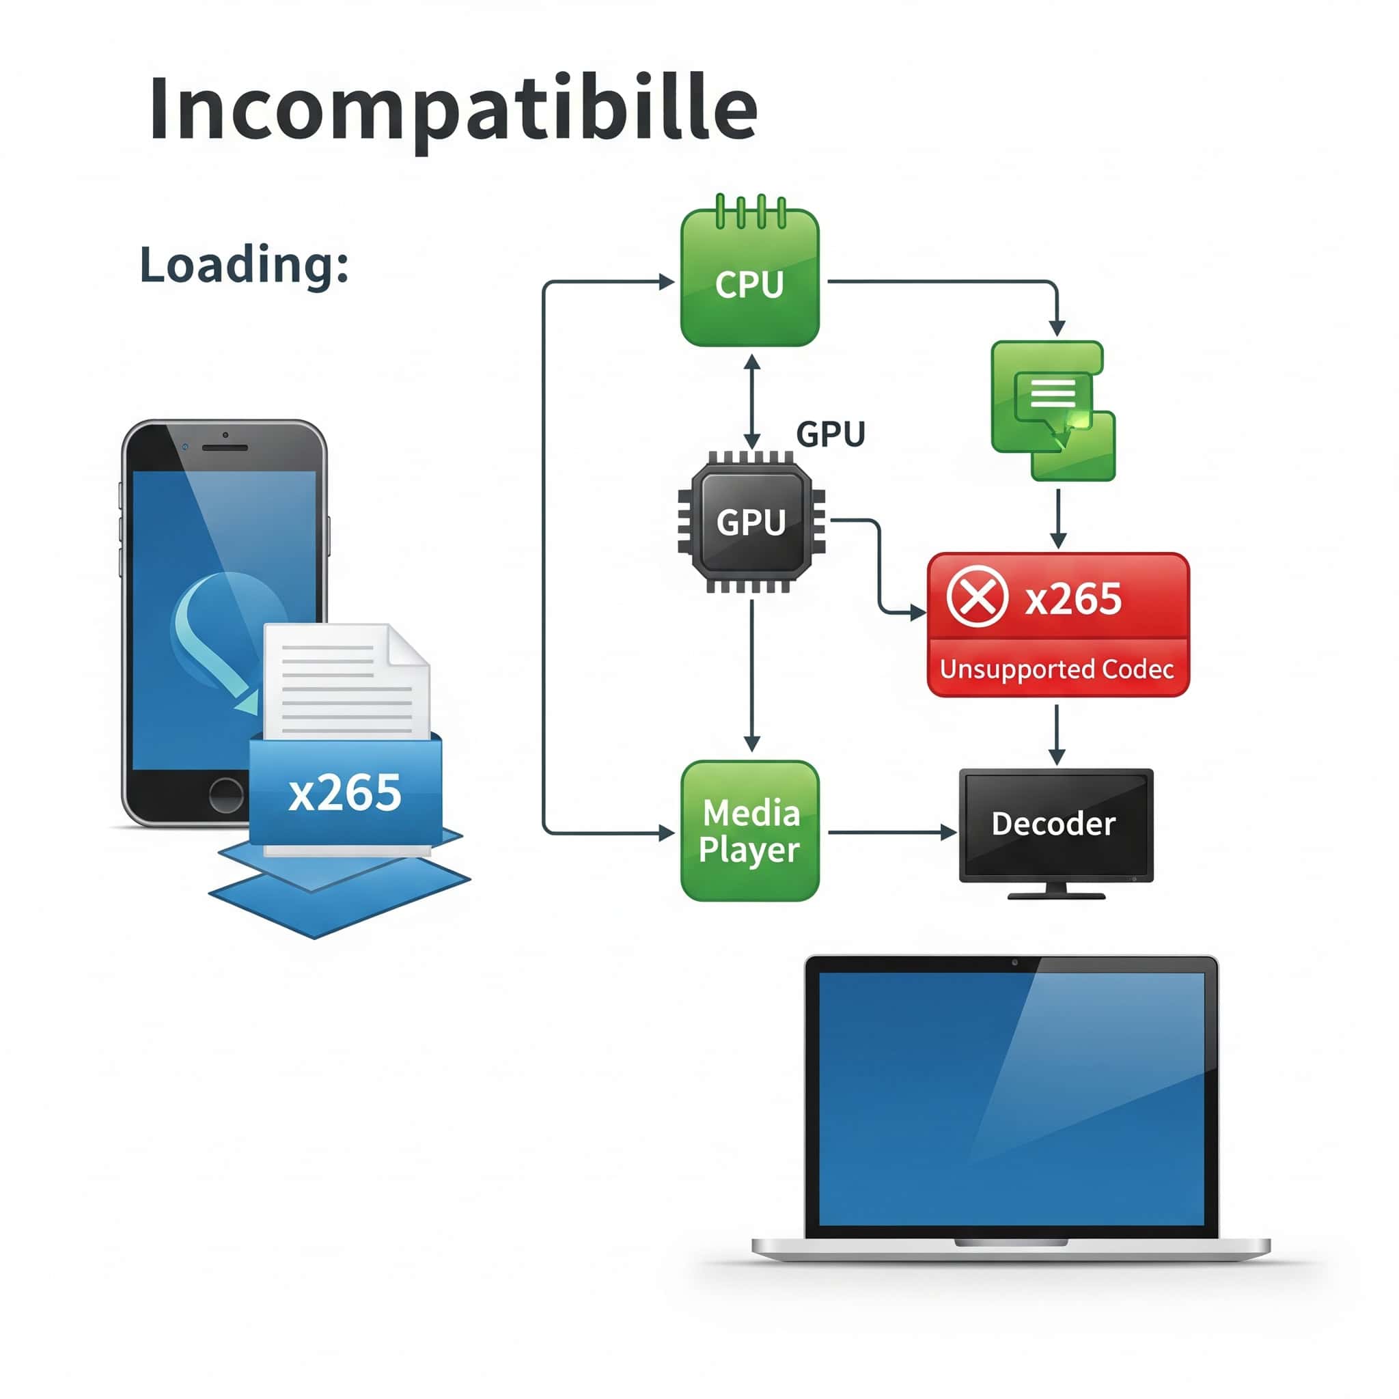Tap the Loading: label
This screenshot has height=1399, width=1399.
(x=244, y=264)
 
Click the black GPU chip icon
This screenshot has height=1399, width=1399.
(x=751, y=521)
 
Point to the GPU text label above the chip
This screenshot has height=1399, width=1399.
(x=831, y=434)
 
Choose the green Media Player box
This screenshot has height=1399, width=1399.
(x=749, y=831)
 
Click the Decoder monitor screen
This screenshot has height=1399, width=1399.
(x=1055, y=824)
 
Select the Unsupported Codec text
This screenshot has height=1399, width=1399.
(x=1057, y=669)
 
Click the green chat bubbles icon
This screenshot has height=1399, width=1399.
(x=1052, y=410)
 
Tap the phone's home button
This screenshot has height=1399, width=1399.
(x=226, y=794)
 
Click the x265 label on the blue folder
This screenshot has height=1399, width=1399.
(x=345, y=792)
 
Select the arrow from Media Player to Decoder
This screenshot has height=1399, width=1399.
(x=891, y=833)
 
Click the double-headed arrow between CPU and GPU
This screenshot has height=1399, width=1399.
(x=751, y=402)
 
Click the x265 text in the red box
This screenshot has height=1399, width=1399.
(x=1073, y=599)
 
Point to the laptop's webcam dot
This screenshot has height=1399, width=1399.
(x=1014, y=962)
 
